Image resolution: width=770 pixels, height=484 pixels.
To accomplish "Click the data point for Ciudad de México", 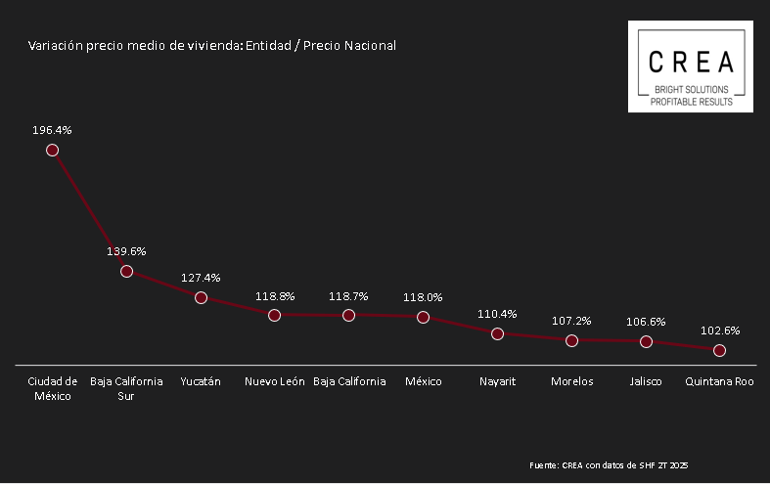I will coord(53,151).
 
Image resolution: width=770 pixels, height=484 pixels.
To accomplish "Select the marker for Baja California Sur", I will coord(126,271).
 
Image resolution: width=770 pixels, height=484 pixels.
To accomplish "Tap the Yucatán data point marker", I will coord(201,297).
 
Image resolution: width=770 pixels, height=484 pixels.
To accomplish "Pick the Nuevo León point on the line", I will coord(275,315).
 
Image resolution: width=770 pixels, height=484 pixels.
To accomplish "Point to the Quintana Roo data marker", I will coord(720,350).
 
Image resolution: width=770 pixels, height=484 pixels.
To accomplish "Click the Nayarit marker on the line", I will coord(497,333).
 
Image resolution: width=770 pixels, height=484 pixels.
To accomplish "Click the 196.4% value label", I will coord(53,129).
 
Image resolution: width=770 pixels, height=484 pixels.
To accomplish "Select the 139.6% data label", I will coord(126,251).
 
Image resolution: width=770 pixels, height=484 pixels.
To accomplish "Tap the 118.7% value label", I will coord(349,295).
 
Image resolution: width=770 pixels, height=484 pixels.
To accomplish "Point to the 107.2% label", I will coord(571,320).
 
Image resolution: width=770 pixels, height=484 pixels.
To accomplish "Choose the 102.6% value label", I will coord(720,330).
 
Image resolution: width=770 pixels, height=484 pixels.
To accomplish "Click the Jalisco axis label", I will coord(646,381).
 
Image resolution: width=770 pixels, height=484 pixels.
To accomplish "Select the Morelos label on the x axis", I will coord(571,381).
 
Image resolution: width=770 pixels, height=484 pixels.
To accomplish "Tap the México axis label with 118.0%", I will coord(424,381).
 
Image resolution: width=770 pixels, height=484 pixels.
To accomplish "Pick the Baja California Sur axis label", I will coord(126,388).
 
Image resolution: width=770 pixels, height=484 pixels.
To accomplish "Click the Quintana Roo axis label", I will coord(720,381).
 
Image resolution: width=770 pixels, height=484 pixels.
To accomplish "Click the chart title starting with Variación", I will coord(212,46).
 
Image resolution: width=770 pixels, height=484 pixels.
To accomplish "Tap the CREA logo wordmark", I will coord(691,62).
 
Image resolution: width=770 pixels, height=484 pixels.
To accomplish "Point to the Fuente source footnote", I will coord(609,464).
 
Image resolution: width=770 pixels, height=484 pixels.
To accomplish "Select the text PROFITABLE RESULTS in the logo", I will coord(691,101).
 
